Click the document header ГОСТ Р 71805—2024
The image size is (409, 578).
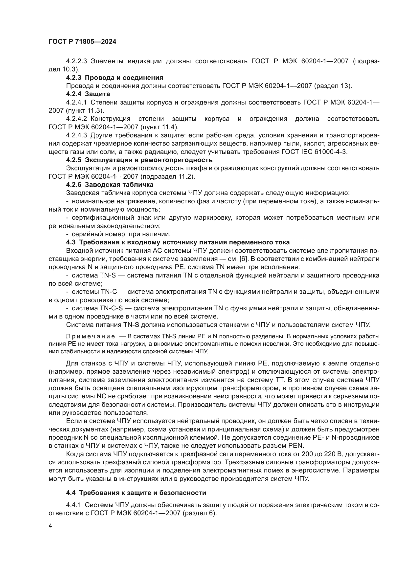[x=82, y=42]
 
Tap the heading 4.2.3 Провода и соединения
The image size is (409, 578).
[x=114, y=78]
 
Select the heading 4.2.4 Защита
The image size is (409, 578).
[x=88, y=94]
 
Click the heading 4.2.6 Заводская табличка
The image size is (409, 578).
[x=110, y=185]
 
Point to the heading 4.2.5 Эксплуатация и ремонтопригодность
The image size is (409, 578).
[x=139, y=160]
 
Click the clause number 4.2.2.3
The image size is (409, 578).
[x=76, y=61]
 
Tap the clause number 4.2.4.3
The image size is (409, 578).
[x=76, y=135]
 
